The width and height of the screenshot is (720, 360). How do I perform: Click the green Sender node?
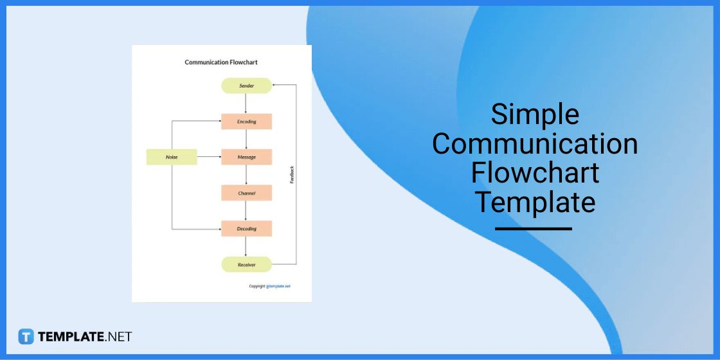point(246,85)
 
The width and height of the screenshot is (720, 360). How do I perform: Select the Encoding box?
point(246,122)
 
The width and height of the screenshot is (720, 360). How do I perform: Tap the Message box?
point(246,157)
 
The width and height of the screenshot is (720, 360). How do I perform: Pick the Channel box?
point(246,193)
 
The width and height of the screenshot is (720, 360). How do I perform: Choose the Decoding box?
point(246,228)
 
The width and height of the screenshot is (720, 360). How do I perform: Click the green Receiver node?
point(246,264)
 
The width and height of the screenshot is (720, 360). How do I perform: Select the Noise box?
point(172,157)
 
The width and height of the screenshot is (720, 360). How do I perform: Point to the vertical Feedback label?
point(292,175)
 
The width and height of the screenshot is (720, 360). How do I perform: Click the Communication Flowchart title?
point(221,62)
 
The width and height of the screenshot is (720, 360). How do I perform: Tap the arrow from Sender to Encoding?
point(246,104)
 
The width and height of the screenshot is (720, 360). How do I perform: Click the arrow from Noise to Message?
point(209,157)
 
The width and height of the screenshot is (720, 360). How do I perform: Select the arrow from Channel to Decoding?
point(246,211)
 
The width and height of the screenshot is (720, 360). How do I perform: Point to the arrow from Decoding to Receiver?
point(246,246)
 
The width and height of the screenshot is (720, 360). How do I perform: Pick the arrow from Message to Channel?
point(246,175)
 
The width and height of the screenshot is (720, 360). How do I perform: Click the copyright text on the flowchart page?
point(269,286)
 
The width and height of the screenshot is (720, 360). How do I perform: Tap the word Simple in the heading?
point(535,114)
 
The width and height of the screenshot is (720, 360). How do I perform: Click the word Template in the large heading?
point(535,203)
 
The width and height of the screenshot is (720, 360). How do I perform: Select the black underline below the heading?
point(534,228)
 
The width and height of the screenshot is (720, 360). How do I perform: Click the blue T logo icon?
point(26,336)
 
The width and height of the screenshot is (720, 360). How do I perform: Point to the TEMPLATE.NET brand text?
point(85,336)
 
